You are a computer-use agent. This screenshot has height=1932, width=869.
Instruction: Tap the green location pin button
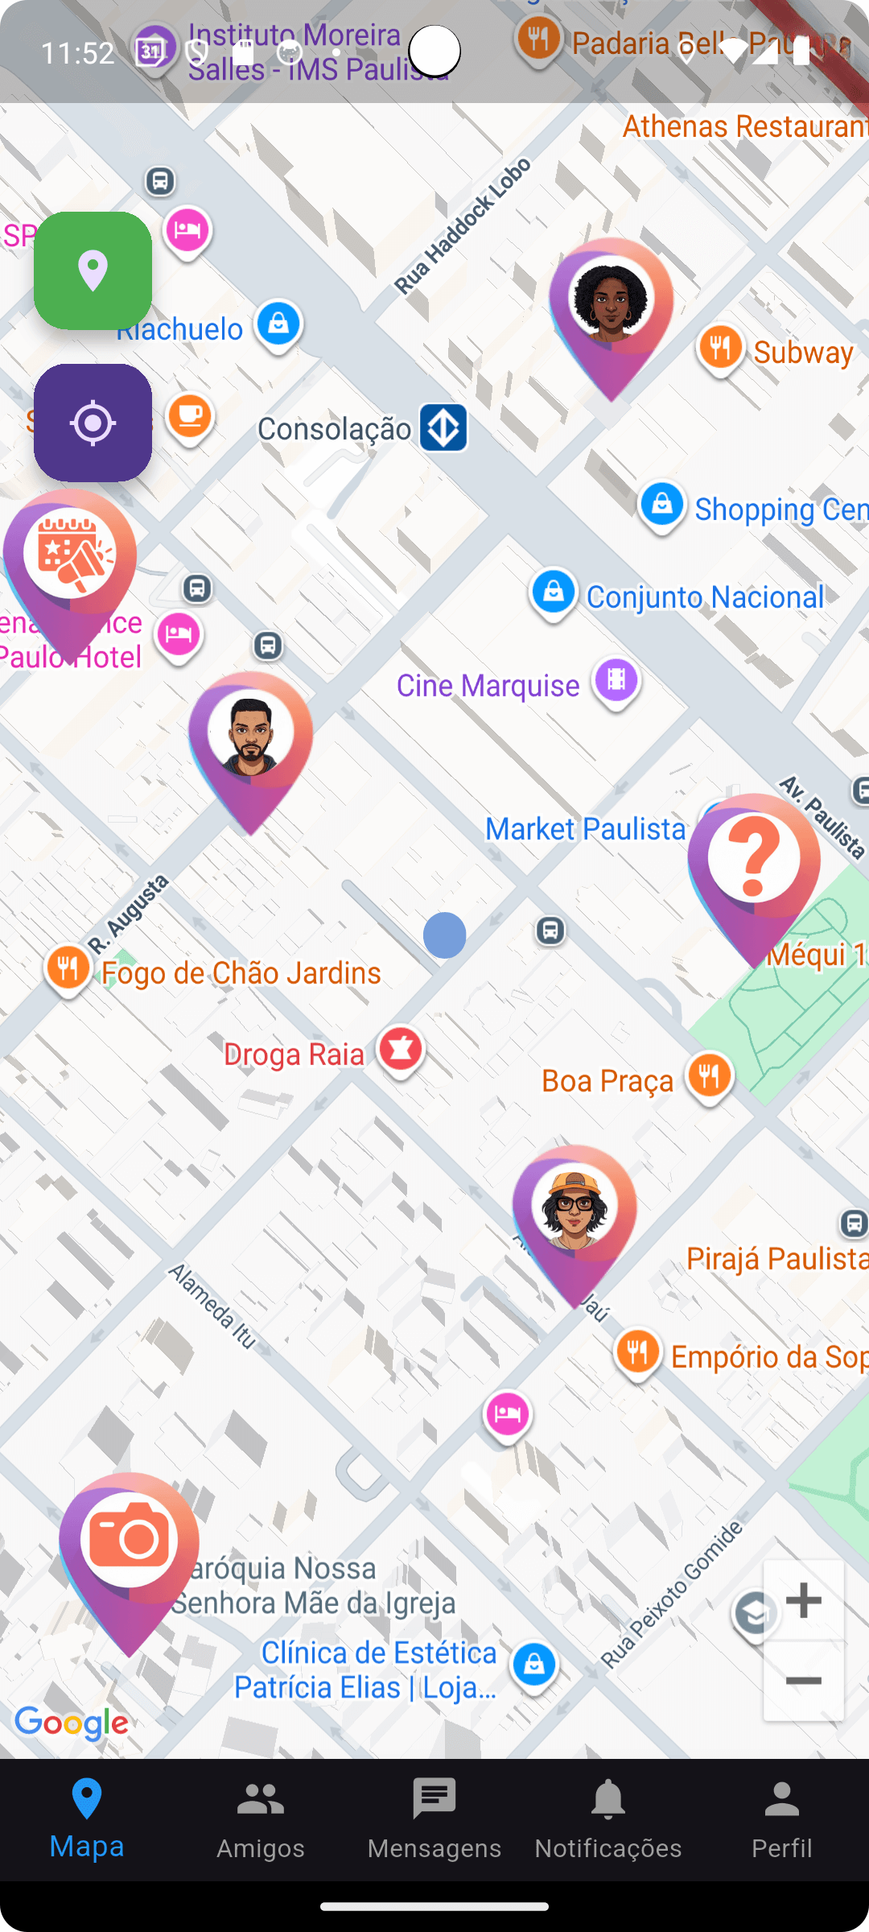coord(93,270)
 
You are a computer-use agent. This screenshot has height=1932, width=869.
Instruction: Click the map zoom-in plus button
coord(803,1600)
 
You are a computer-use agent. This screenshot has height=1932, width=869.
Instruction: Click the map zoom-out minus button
coord(803,1681)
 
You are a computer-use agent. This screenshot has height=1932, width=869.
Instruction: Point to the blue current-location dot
coord(444,935)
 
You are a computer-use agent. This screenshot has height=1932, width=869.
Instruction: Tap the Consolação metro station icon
coord(443,427)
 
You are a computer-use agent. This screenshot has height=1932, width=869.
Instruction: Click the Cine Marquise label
coord(488,686)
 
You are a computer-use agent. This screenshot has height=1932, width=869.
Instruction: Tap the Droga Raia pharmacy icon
coord(401,1050)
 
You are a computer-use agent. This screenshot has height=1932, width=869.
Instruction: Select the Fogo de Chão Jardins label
coord(241,973)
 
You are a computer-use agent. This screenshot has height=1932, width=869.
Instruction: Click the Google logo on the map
coord(72,1723)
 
